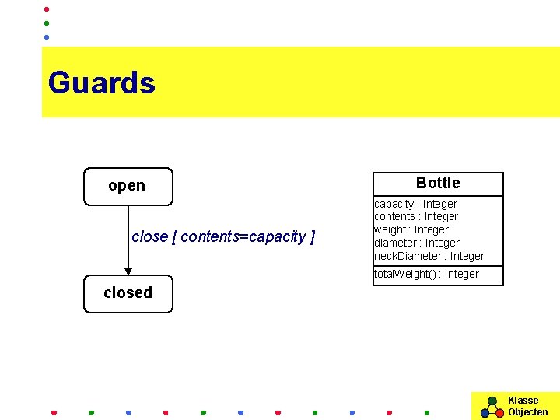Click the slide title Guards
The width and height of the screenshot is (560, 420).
pyautogui.click(x=101, y=82)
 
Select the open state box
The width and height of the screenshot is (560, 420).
pyautogui.click(x=128, y=186)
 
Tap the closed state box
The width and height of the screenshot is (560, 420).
pyautogui.click(x=128, y=293)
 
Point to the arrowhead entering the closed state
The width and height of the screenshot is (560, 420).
pyautogui.click(x=128, y=270)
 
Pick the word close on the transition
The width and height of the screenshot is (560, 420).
pyautogui.click(x=149, y=236)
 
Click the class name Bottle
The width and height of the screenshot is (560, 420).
pyautogui.click(x=438, y=183)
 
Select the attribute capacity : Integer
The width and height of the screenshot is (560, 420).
pyautogui.click(x=415, y=204)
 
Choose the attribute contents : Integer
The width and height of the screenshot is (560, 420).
pyautogui.click(x=416, y=216)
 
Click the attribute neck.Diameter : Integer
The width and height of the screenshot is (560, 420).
pyautogui.click(x=429, y=256)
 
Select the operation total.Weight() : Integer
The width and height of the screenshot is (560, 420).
pyautogui.click(x=426, y=274)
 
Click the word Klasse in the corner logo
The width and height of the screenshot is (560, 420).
pyautogui.click(x=523, y=401)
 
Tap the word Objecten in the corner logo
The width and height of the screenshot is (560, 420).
pyautogui.click(x=528, y=412)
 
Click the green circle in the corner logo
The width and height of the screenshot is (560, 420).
pyautogui.click(x=492, y=401)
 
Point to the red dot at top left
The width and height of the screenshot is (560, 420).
pyautogui.click(x=47, y=9)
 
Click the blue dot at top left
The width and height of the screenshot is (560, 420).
pyautogui.click(x=47, y=37)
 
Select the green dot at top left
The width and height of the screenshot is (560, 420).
pyautogui.click(x=47, y=23)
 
